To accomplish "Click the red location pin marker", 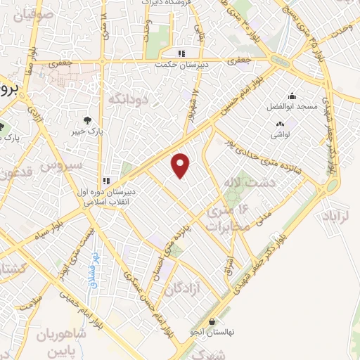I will [x=181, y=164].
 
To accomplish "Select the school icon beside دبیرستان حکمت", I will [x=181, y=53].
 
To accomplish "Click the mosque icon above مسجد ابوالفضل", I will [x=292, y=96].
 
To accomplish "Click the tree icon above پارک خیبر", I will [x=87, y=120].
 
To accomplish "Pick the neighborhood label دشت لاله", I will [x=240, y=183].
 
